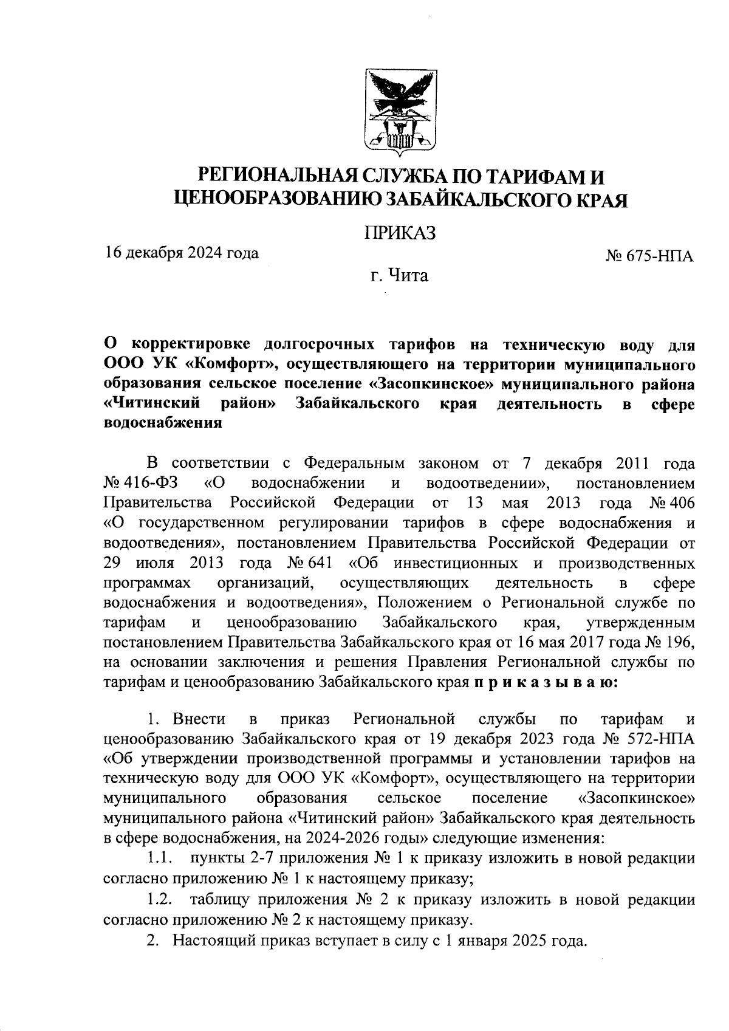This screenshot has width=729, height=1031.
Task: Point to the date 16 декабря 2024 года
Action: click(x=182, y=252)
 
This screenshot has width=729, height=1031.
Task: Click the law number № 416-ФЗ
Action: click(x=140, y=483)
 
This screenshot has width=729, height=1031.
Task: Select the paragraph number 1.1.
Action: click(x=160, y=858)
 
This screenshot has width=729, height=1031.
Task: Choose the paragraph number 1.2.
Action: click(x=160, y=899)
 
